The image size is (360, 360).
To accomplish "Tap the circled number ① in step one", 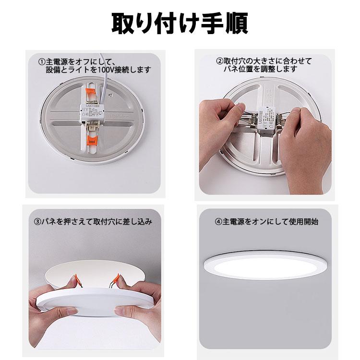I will pyautogui.click(x=42, y=62).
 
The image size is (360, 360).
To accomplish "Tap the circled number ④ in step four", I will pyautogui.click(x=218, y=222).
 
